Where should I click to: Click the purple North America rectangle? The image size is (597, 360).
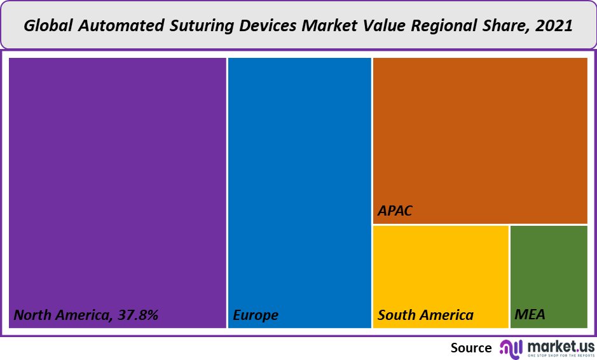118,178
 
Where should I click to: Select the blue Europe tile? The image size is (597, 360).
299,178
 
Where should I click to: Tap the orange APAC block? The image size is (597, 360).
480,134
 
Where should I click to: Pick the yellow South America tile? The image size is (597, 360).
441,270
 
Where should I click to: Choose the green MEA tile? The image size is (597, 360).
549,270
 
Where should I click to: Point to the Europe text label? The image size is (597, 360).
256,315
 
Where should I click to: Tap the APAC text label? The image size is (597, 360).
395,211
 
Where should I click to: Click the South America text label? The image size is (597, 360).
425,315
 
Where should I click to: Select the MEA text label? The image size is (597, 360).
530,315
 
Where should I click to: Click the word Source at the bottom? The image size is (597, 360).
471,347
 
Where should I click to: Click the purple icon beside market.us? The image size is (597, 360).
511,347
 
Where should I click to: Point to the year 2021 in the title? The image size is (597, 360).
554,26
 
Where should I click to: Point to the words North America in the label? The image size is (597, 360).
62,315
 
